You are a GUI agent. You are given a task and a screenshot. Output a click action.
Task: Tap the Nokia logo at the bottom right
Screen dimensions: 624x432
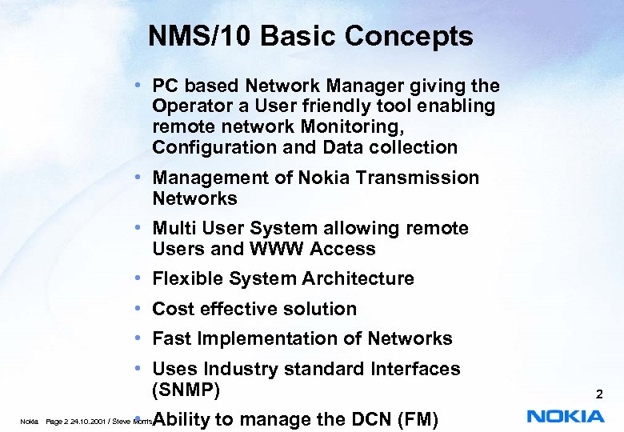pyautogui.click(x=566, y=416)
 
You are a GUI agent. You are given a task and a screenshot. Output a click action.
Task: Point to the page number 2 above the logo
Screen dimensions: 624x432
pyautogui.click(x=598, y=394)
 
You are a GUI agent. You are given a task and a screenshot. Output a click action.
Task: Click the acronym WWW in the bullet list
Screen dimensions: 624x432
pyautogui.click(x=277, y=249)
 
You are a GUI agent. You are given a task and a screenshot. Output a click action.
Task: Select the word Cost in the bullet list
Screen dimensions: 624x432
pyautogui.click(x=173, y=309)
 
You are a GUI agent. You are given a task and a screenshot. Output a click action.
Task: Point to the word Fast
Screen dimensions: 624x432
pyautogui.click(x=172, y=338)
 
